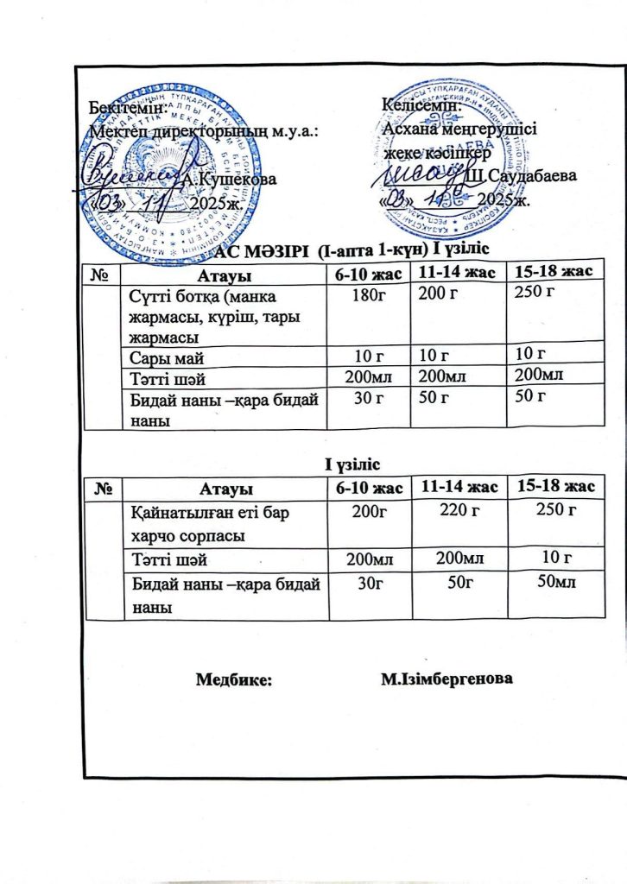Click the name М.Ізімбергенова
[446, 679]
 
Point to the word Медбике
[233, 679]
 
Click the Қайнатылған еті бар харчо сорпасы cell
[197, 523]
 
